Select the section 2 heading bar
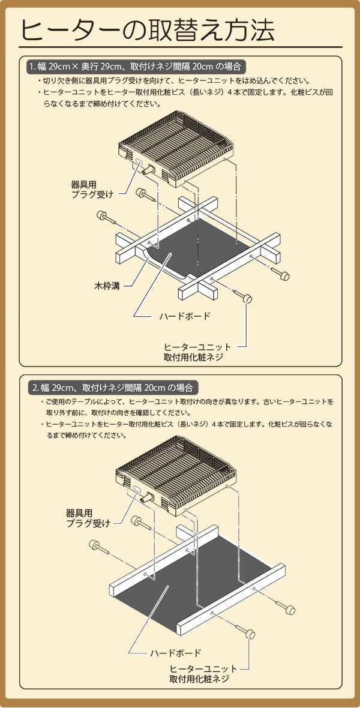(x=114, y=386)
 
